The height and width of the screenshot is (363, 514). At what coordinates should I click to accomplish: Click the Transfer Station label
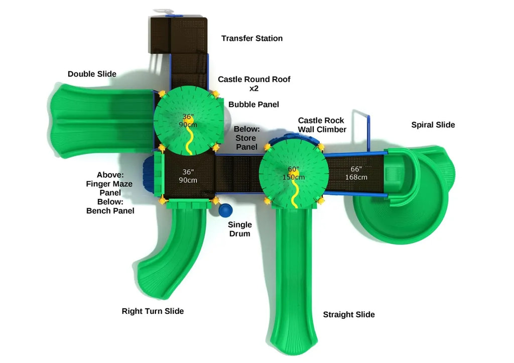point(251,39)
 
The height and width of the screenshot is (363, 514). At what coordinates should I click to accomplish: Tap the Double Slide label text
point(92,74)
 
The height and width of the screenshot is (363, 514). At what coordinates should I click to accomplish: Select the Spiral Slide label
point(433,125)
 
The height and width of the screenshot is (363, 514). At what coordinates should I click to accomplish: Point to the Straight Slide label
point(348,315)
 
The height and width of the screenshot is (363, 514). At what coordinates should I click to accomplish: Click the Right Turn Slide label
point(153,311)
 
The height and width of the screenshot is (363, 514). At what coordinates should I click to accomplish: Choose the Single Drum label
point(239,229)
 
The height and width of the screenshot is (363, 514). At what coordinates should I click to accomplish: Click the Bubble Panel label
point(253,104)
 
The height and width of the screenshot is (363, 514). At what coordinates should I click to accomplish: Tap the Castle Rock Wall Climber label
point(322,125)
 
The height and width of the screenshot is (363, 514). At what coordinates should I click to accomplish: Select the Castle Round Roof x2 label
point(253,84)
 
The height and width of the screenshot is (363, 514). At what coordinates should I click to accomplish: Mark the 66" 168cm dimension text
point(356,173)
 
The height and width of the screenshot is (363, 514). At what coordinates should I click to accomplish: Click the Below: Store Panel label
point(246,138)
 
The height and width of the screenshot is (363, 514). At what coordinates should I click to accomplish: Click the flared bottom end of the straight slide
point(294,341)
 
